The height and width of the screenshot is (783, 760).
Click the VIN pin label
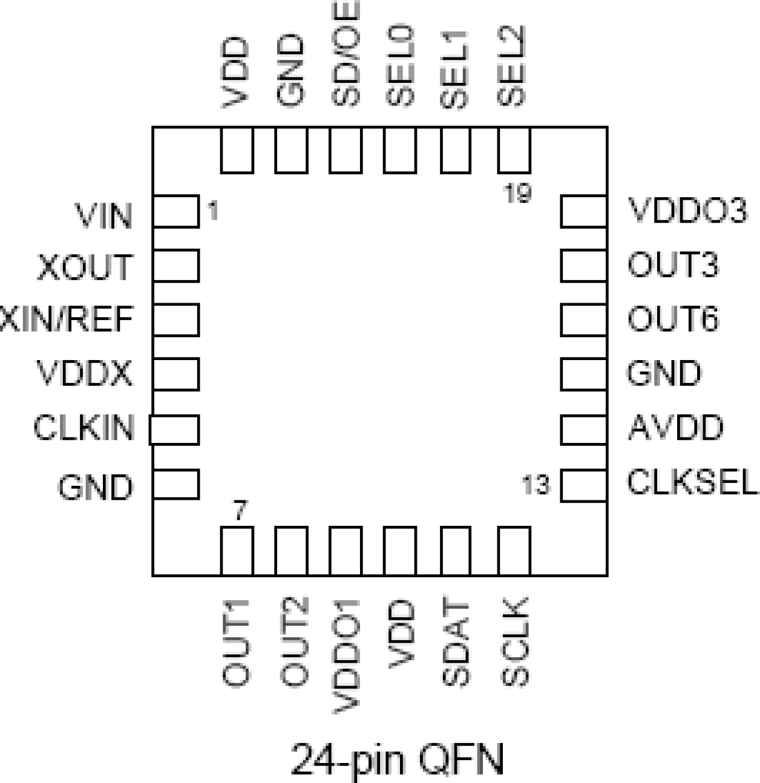103,216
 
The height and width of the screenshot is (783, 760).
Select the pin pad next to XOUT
175,265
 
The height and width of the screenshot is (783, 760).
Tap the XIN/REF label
67,319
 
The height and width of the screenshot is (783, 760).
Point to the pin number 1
212,211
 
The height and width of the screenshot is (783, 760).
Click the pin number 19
518,194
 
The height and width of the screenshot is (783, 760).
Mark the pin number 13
536,485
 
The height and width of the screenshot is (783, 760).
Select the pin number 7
240,511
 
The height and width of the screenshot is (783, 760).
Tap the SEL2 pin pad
514,150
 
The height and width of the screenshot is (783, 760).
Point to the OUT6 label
673,319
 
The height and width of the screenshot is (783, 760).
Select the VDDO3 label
688,211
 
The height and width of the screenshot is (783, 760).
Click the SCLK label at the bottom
516,642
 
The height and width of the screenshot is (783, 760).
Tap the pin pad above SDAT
456,550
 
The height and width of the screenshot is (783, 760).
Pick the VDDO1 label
347,657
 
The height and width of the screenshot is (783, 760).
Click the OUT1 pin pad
237,550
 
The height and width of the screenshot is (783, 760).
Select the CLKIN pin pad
174,430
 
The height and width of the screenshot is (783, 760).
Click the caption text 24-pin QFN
398,760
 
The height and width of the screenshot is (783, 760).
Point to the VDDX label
84,373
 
